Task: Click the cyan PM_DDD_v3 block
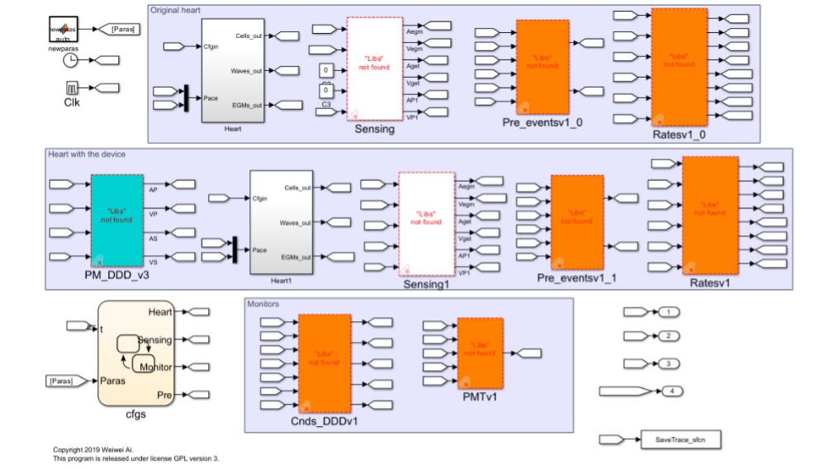click(x=116, y=220)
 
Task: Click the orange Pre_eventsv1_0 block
click(x=543, y=67)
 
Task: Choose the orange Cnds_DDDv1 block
click(x=325, y=362)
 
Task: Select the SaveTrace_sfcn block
click(x=680, y=439)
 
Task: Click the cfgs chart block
click(x=136, y=353)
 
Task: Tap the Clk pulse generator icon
click(x=71, y=87)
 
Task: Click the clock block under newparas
click(x=71, y=59)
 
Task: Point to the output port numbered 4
click(x=674, y=390)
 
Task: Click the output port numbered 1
click(x=669, y=311)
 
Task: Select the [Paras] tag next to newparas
click(x=124, y=29)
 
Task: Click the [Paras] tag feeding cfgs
click(x=60, y=381)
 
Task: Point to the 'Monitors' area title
click(x=263, y=304)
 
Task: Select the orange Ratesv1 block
click(x=709, y=215)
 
